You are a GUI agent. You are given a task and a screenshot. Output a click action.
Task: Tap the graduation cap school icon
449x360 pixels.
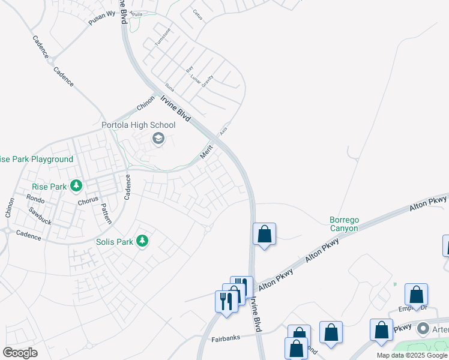click(x=158, y=139)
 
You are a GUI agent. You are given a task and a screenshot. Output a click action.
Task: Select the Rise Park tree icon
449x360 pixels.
click(x=76, y=186)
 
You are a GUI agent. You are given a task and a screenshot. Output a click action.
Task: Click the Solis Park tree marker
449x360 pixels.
click(x=142, y=241)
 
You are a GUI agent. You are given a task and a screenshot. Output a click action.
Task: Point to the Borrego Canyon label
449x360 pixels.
click(x=344, y=224)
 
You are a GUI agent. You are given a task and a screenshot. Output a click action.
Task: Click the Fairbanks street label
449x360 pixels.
click(x=226, y=338)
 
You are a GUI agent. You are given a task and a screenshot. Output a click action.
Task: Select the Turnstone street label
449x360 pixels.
click(x=163, y=37)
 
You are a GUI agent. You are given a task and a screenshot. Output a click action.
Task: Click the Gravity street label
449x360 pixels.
click(x=208, y=81)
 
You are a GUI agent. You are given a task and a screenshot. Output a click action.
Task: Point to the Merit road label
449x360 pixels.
click(x=206, y=154)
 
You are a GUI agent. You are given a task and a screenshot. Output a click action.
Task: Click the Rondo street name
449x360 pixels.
click(x=35, y=197)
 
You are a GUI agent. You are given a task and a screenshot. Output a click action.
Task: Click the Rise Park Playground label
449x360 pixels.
click(x=35, y=159)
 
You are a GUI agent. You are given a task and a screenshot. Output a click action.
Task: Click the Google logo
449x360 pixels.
click(x=20, y=353)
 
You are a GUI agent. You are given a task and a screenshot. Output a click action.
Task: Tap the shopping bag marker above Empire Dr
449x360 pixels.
click(x=416, y=295)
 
